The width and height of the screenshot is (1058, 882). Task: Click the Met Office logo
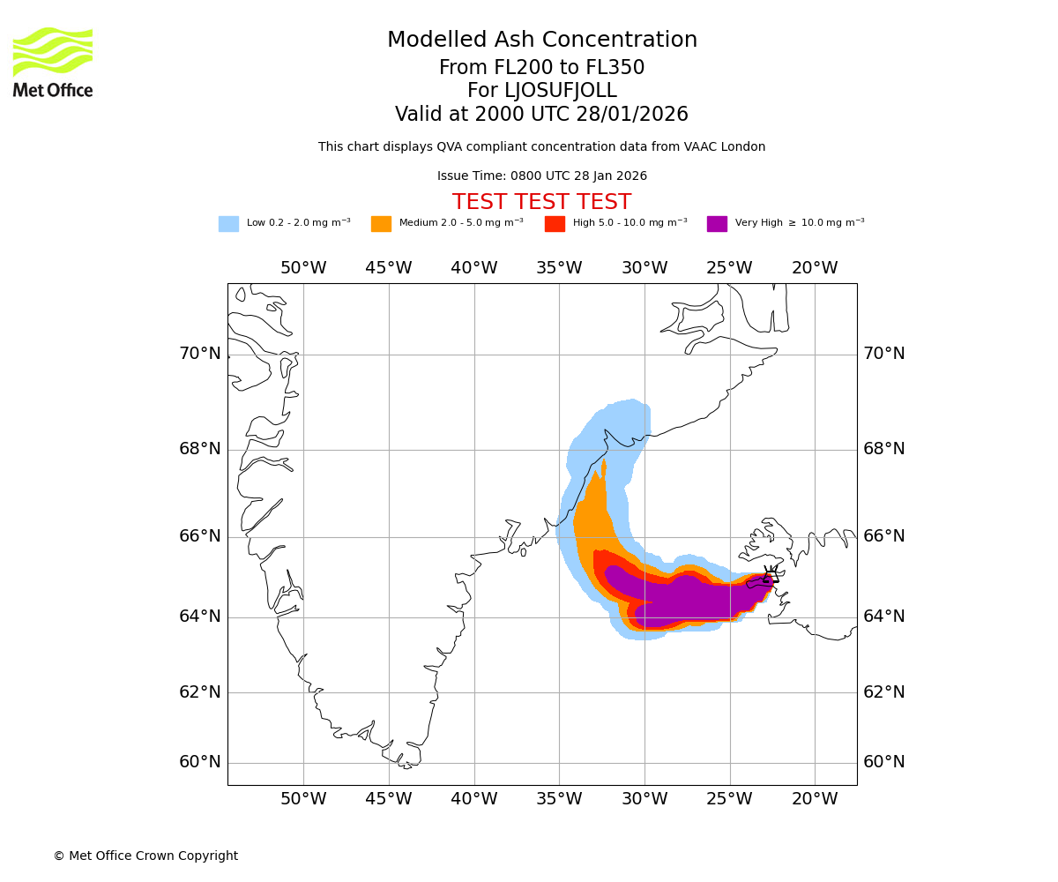tap(53, 62)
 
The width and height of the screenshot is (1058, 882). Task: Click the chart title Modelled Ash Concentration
tap(541, 41)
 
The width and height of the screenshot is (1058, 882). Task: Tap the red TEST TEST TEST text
tap(541, 202)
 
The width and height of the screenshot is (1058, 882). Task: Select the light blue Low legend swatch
tap(228, 224)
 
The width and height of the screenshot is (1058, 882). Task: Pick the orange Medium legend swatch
tap(381, 224)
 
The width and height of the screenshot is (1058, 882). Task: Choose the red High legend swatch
tap(555, 224)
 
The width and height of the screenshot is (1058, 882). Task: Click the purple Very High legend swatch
tap(717, 224)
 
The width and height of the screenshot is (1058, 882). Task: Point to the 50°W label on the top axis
tap(303, 268)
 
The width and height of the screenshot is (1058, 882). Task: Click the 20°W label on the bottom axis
tap(815, 799)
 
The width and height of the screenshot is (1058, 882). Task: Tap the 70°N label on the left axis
tap(200, 354)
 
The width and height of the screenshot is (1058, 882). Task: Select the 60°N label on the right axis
tap(883, 762)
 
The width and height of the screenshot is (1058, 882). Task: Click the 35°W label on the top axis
tap(559, 268)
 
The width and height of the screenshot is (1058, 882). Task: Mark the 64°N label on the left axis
tap(200, 617)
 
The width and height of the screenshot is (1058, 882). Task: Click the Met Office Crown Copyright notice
tap(145, 856)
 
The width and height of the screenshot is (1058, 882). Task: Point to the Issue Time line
tap(541, 176)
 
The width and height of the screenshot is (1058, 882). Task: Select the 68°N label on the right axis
tap(883, 449)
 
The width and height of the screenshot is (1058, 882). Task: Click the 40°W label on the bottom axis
tap(474, 799)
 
